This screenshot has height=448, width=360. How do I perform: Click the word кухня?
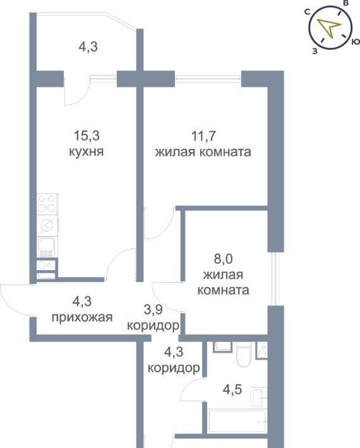(x=87, y=151)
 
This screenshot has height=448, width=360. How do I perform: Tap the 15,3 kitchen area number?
(x=87, y=136)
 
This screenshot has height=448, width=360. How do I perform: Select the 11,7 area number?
(x=203, y=136)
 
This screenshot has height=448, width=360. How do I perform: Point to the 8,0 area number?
(x=224, y=259)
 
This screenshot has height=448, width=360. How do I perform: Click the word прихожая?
(x=82, y=317)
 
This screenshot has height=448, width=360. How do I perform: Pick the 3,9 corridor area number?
(x=153, y=309)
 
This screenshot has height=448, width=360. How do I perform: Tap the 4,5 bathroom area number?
(x=232, y=389)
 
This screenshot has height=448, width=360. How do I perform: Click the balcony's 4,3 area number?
(x=88, y=47)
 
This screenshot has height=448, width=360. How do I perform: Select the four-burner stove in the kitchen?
(x=47, y=203)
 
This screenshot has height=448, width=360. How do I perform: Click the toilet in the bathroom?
(x=244, y=354)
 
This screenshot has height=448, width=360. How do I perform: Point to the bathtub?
(x=237, y=421)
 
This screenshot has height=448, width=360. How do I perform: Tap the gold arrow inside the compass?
(x=329, y=28)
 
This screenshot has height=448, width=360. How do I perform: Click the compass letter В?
(x=345, y=3)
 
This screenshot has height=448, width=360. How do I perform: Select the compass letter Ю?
(x=356, y=42)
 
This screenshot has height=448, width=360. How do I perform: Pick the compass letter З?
(x=315, y=51)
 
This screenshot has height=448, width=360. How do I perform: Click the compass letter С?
(x=308, y=12)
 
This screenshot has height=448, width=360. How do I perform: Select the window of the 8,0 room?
(x=274, y=279)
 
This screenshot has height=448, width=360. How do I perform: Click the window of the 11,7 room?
(x=208, y=76)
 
